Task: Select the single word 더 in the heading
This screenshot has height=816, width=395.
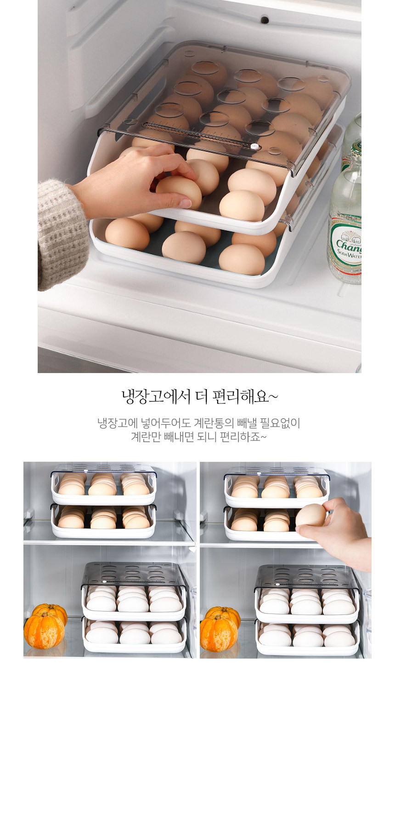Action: click(x=202, y=396)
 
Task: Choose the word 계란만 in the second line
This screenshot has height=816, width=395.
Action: click(x=146, y=437)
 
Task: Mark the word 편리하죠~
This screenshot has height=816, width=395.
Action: click(x=243, y=437)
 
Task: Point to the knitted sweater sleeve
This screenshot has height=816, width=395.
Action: click(x=62, y=232)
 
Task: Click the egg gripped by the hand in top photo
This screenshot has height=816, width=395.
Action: click(x=179, y=191)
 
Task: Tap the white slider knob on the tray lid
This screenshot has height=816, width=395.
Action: click(x=253, y=146)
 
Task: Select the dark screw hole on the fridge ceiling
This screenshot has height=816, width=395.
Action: click(x=265, y=20)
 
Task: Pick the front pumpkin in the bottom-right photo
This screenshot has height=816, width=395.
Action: click(x=219, y=633)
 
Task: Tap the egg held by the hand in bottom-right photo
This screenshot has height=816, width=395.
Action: click(x=310, y=515)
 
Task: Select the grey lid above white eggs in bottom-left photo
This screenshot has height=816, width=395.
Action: click(x=133, y=574)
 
